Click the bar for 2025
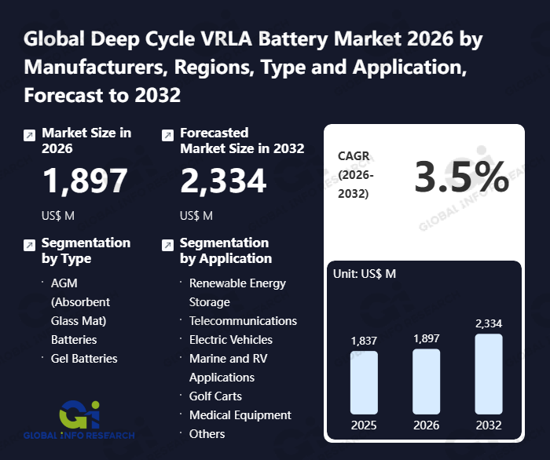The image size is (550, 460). [364, 382]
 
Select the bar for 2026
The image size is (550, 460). [426, 381]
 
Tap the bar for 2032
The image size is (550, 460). [488, 374]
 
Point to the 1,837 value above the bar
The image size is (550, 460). [364, 341]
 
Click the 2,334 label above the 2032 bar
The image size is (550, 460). [488, 323]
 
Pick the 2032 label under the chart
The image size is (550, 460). [488, 425]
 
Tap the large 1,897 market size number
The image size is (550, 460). [84, 181]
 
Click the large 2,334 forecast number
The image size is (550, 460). [223, 181]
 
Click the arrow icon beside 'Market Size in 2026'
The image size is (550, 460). [29, 135]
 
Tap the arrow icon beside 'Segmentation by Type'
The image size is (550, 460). [29, 245]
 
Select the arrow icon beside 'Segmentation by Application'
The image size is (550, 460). [167, 245]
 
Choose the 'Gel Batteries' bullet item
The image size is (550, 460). [84, 359]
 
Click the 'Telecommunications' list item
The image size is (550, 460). [243, 321]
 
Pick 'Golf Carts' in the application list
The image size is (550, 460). [215, 396]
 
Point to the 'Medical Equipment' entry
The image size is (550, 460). [240, 415]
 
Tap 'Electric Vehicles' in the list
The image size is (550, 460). [230, 340]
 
